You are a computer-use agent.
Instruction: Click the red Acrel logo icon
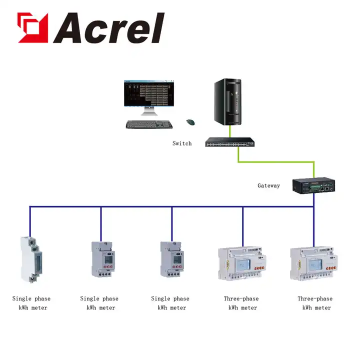pyautogui.click(x=32, y=27)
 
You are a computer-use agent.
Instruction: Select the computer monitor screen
pyautogui.click(x=149, y=94)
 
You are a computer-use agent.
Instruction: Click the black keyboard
pyautogui.click(x=149, y=124)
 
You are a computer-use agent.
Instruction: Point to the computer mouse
pyautogui.click(x=190, y=121)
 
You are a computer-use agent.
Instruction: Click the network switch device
pyautogui.click(x=230, y=142)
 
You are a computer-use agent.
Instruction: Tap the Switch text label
pyautogui.click(x=182, y=143)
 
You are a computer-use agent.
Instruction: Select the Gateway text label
pyautogui.click(x=268, y=185)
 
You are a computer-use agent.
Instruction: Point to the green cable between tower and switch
pyautogui.click(x=230, y=131)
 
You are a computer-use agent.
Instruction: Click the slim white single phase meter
pyautogui.click(x=29, y=259)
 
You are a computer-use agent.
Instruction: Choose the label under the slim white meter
pyautogui.click(x=31, y=303)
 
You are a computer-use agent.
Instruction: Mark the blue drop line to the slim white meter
pyautogui.click(x=29, y=220)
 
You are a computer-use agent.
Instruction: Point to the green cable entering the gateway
pyautogui.click(x=313, y=169)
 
